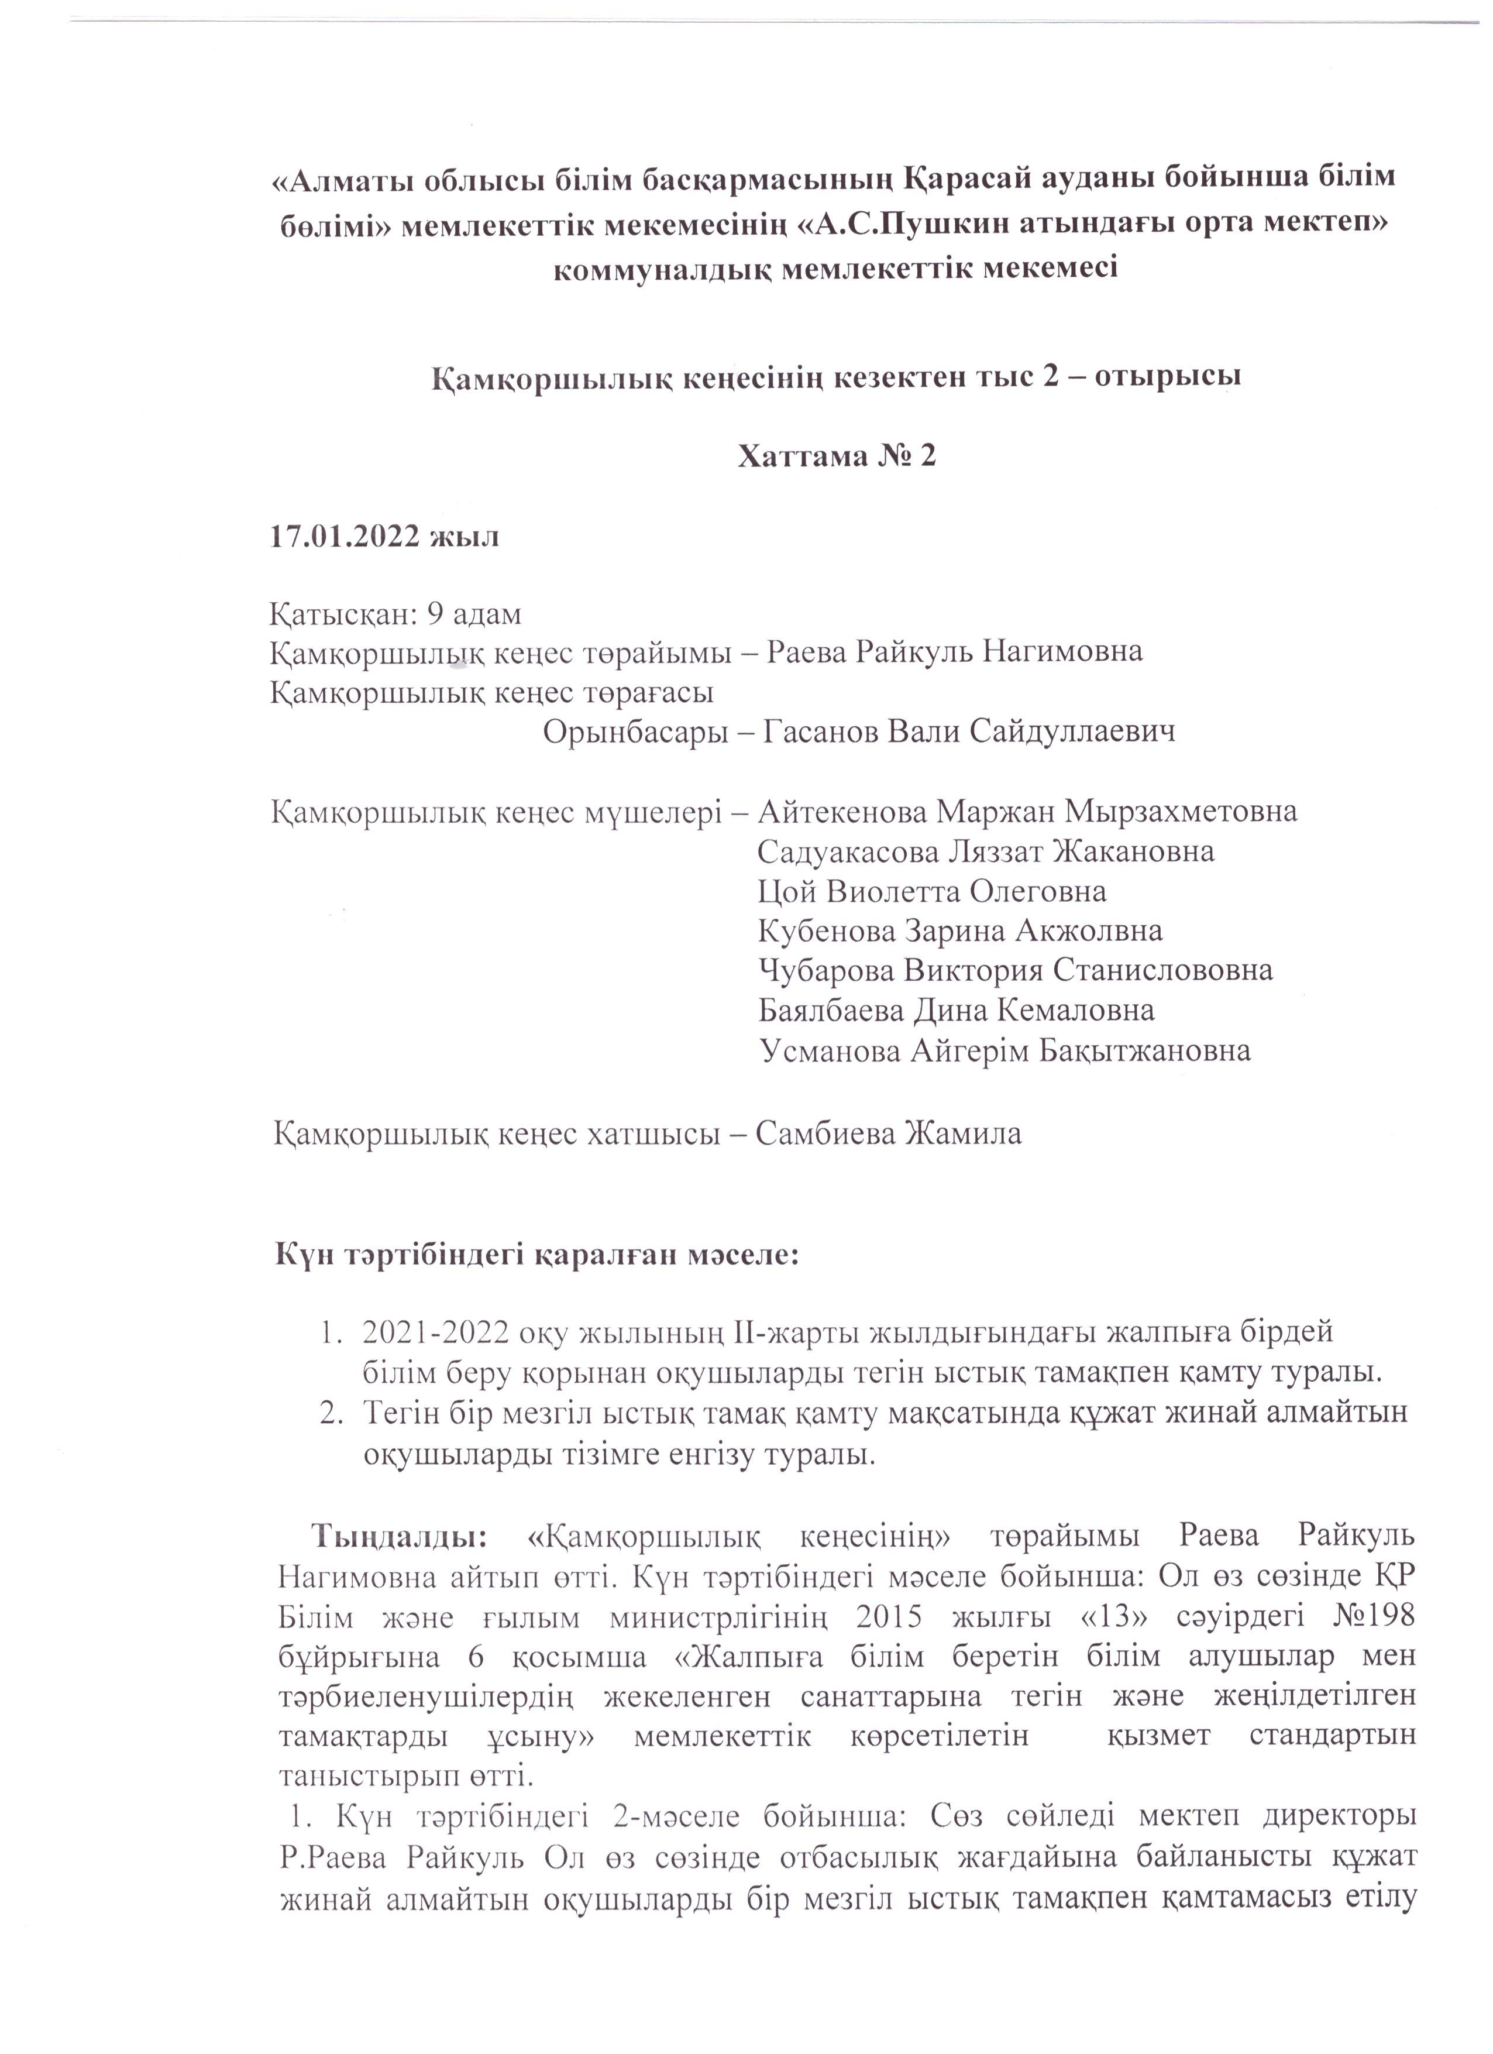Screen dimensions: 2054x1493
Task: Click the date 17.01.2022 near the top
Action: pyautogui.click(x=346, y=537)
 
